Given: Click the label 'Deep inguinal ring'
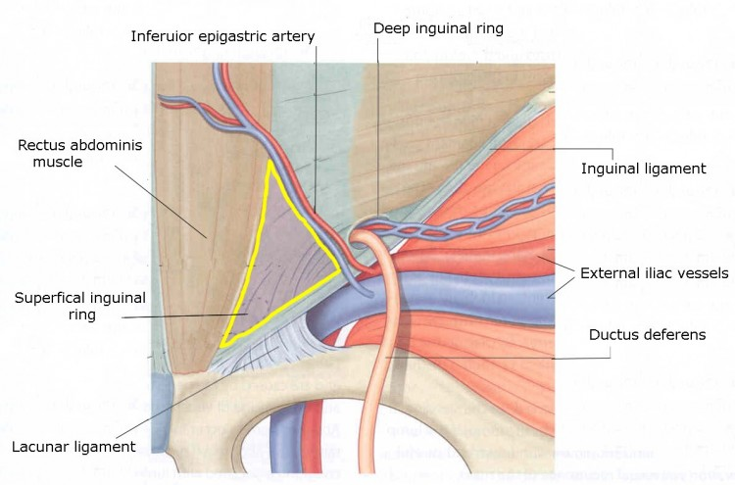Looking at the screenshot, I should click(438, 29).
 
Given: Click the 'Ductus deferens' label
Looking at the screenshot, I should click(647, 334).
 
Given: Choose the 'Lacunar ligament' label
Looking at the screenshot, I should click(73, 447).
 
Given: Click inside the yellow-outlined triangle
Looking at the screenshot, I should click(274, 255).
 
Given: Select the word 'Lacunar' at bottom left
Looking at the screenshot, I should click(41, 447).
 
